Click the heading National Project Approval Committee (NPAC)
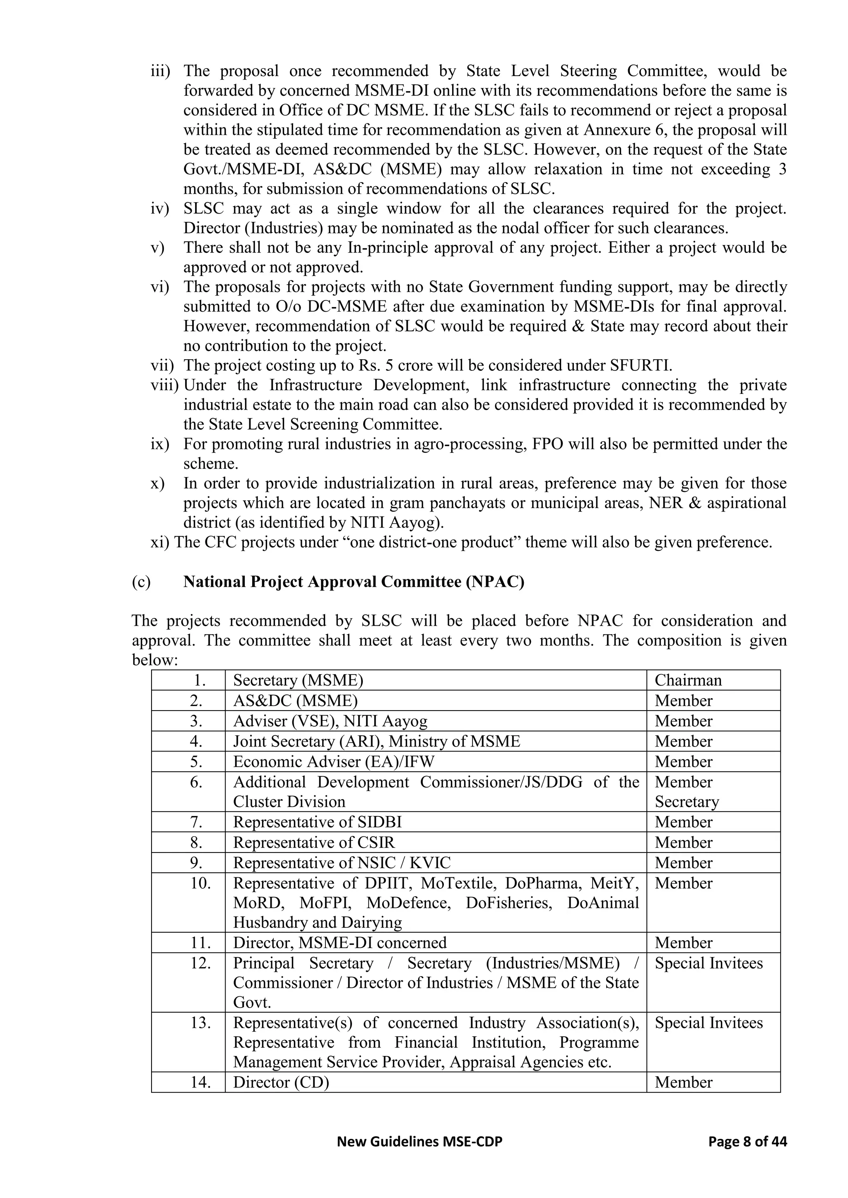pyautogui.click(x=354, y=581)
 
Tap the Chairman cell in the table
pyautogui.click(x=688, y=680)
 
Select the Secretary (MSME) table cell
pyautogui.click(x=298, y=680)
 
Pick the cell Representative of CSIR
pyautogui.click(x=314, y=843)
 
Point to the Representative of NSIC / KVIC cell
pyautogui.click(x=342, y=863)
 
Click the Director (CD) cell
pyautogui.click(x=281, y=1082)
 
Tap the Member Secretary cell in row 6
pyautogui.click(x=687, y=792)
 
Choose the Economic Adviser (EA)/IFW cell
pyautogui.click(x=333, y=762)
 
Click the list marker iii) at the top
pyautogui.click(x=160, y=71)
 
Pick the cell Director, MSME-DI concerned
pyautogui.click(x=340, y=943)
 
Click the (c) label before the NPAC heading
pyautogui.click(x=141, y=581)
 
